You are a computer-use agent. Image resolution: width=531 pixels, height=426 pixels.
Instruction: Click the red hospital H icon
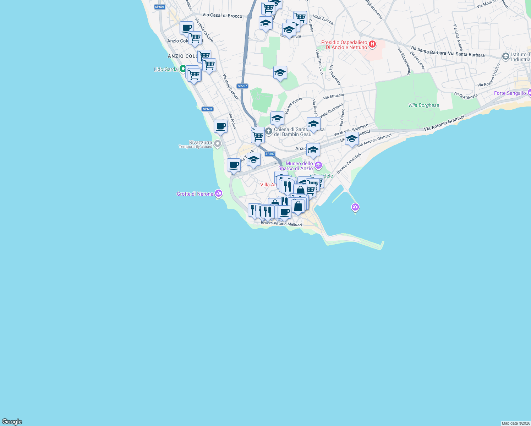point(372,44)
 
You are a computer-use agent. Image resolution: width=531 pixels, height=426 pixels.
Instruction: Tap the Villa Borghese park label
point(423,105)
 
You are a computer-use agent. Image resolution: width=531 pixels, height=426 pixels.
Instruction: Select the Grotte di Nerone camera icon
point(219,193)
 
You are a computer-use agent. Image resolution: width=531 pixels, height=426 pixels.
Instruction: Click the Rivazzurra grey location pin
point(218,144)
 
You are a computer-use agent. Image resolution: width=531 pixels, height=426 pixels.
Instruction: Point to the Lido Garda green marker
point(183,69)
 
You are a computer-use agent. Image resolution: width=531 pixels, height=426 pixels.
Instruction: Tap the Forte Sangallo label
point(510,93)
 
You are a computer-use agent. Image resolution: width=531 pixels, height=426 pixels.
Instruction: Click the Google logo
point(12,422)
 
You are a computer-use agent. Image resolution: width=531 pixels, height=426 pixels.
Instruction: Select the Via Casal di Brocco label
point(222,15)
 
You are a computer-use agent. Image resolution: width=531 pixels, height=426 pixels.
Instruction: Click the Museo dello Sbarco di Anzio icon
point(318,165)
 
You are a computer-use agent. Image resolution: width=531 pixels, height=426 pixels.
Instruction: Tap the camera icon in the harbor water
point(355,207)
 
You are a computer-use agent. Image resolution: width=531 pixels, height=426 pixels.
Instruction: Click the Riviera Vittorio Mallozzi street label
point(281,224)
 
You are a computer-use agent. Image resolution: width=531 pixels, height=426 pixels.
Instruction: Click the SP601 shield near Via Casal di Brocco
point(160,7)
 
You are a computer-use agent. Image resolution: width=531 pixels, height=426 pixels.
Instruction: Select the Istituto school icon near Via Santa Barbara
point(505,56)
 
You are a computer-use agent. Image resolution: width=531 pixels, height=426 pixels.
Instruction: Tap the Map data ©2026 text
point(515,423)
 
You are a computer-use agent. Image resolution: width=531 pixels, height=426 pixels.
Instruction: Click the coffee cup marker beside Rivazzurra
point(220,126)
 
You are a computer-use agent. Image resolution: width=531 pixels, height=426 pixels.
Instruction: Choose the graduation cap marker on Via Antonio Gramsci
point(351,139)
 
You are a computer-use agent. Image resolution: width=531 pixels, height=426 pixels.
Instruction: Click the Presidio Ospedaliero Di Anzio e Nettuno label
point(344,45)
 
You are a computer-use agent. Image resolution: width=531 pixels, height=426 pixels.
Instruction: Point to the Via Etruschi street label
point(333,96)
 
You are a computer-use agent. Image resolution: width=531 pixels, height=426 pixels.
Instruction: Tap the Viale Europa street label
point(323,20)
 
